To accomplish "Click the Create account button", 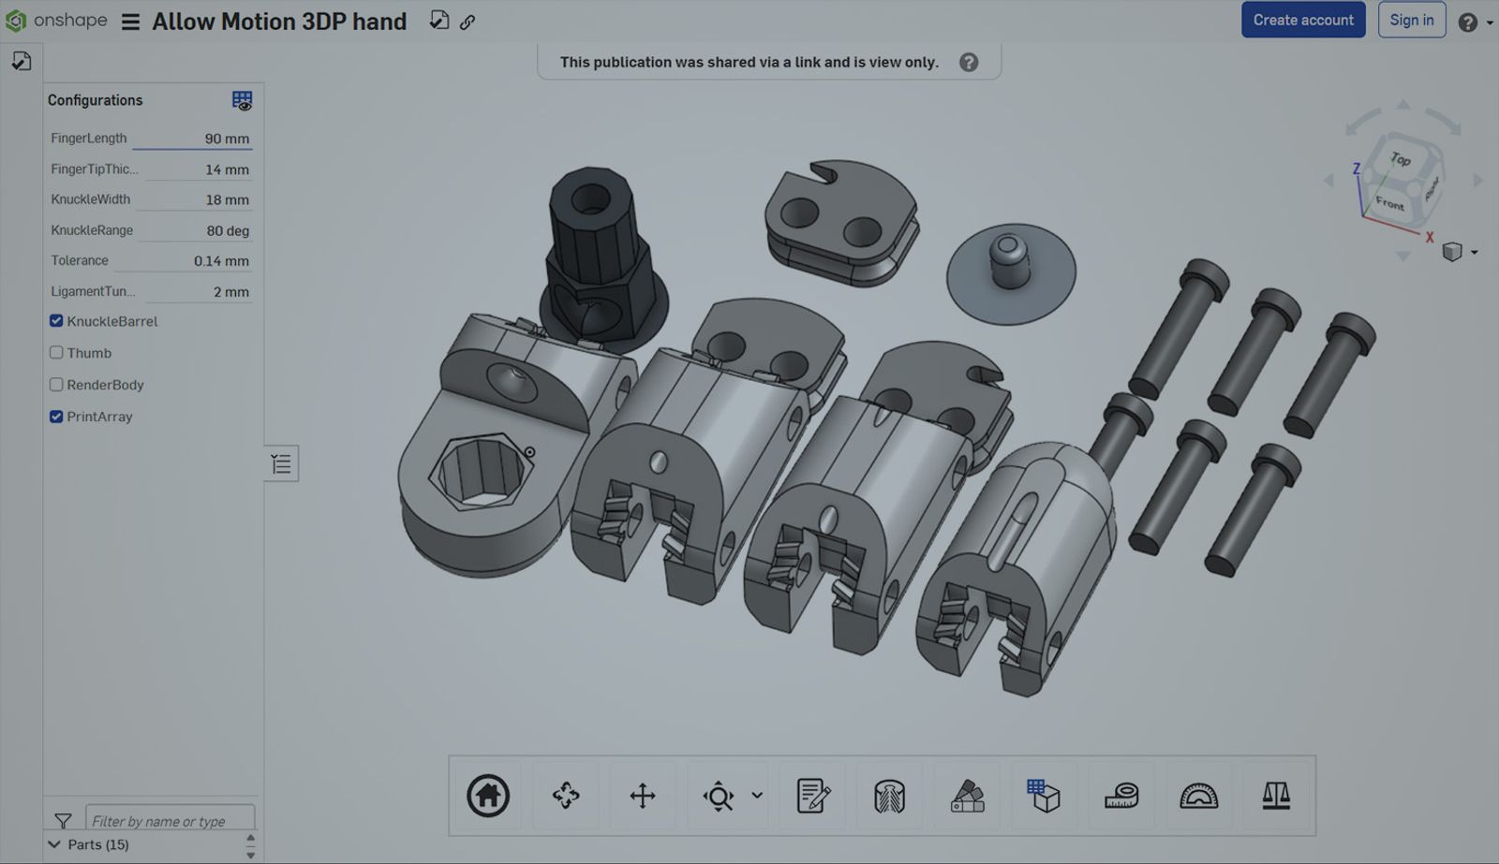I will [x=1302, y=20].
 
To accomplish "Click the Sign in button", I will [x=1411, y=20].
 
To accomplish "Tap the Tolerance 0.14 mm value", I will [x=221, y=261].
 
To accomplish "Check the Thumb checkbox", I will [x=56, y=353].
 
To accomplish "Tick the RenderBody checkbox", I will [x=56, y=385].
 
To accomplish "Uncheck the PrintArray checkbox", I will [x=56, y=417].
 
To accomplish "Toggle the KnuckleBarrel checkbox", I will [x=56, y=321].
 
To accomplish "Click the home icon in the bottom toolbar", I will [x=488, y=796].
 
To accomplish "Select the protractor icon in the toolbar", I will [x=1198, y=796].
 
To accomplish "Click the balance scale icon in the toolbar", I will [x=1276, y=796].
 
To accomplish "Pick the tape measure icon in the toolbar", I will [x=1121, y=796].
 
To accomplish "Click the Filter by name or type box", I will [x=170, y=821].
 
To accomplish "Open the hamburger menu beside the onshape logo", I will [x=130, y=22].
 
